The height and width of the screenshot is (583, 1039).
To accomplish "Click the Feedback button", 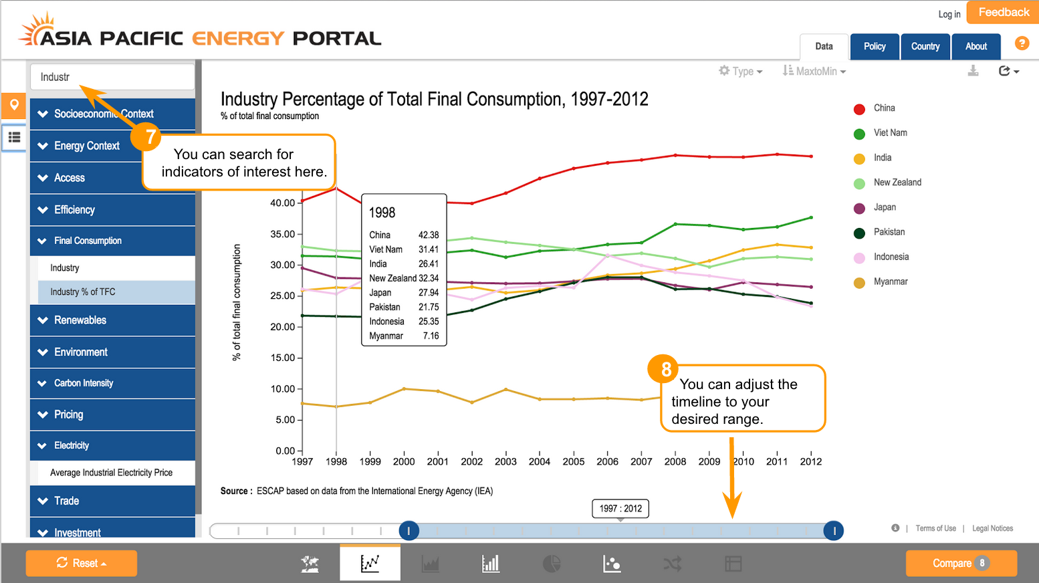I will [1003, 13].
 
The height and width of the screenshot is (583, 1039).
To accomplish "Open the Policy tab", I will [875, 47].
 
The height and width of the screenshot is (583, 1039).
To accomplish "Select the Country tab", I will [925, 47].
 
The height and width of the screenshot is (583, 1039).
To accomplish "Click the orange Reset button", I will [82, 563].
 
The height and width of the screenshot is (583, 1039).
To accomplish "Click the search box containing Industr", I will [112, 77].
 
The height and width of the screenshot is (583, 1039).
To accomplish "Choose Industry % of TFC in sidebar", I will [83, 292].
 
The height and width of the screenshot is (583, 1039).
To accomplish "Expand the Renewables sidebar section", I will [80, 320].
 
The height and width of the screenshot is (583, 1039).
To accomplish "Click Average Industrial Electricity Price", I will [111, 473].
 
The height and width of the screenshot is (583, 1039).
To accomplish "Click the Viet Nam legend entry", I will [890, 133].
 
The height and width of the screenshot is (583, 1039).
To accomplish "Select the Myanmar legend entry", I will [890, 282].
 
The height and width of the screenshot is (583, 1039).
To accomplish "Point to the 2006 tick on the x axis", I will [607, 461].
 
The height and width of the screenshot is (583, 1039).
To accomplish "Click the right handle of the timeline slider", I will [834, 531].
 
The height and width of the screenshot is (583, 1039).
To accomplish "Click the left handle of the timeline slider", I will [409, 531].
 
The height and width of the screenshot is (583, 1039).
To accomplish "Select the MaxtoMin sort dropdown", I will [814, 72].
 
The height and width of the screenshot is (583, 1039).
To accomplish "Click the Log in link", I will [949, 14].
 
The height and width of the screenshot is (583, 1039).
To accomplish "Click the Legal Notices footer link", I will [992, 528].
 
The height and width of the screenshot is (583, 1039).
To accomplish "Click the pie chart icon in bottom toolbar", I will [552, 564].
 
